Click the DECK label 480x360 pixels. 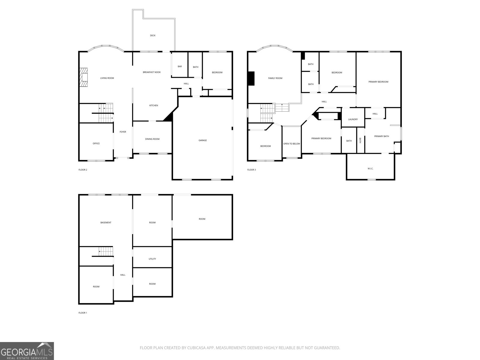(x=153, y=35)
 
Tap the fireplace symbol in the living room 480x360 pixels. (x=84, y=77)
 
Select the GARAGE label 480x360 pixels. (x=202, y=140)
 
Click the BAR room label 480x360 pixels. (x=180, y=67)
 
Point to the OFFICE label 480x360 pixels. (x=96, y=143)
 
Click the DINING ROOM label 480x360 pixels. (x=152, y=139)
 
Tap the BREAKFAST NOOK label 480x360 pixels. (x=151, y=72)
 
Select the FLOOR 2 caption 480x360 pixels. (x=83, y=170)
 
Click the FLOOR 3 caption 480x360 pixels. (x=251, y=170)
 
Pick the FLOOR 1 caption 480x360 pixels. (x=83, y=313)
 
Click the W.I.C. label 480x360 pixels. (x=370, y=169)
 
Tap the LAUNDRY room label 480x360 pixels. (x=353, y=119)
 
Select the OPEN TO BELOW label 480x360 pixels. (x=292, y=144)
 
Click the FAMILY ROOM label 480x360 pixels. (x=275, y=78)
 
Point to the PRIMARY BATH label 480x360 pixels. (x=381, y=136)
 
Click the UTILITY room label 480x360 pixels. (x=152, y=259)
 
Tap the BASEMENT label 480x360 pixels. (x=106, y=223)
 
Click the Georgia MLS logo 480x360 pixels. (x=27, y=351)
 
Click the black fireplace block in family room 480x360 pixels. (x=251, y=78)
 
